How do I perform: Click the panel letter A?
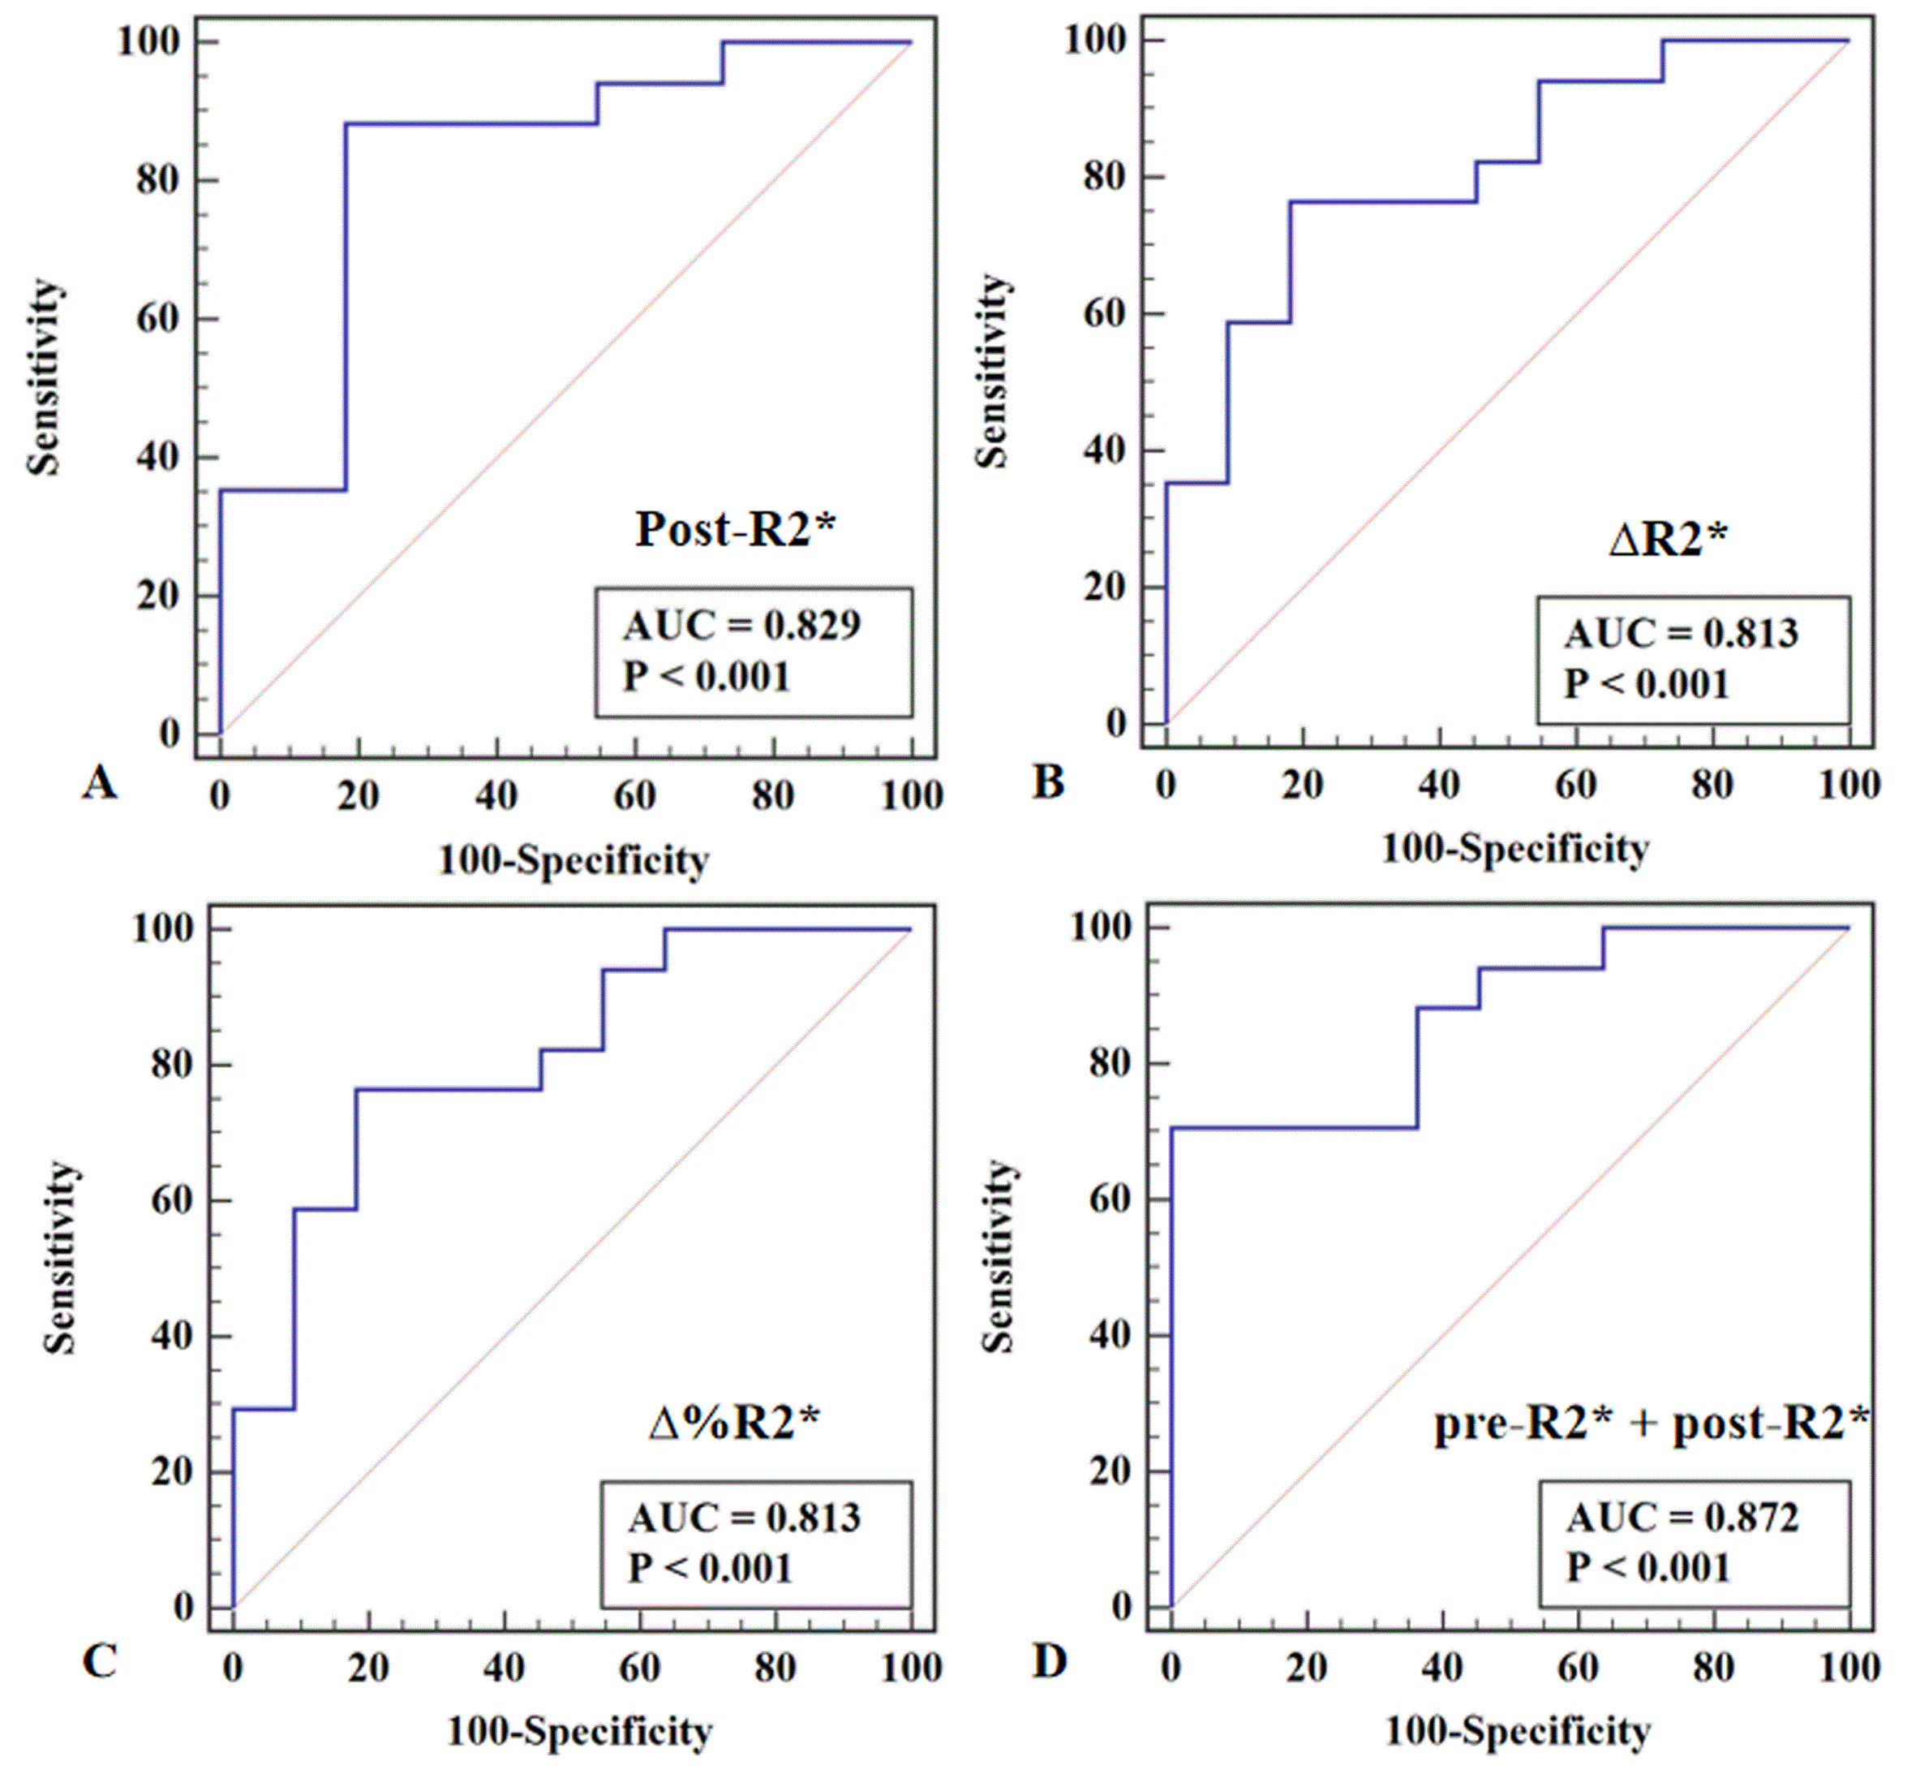click(100, 783)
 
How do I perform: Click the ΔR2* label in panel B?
click(1668, 539)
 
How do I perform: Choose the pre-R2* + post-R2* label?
click(1651, 1423)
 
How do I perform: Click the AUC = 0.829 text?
click(742, 626)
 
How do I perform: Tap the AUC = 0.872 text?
click(1682, 1517)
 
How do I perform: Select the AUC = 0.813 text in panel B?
click(1682, 633)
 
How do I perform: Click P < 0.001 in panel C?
click(710, 1569)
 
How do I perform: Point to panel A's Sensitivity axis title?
click(44, 377)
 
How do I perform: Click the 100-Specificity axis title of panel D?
click(1518, 1731)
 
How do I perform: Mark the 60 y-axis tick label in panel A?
click(158, 318)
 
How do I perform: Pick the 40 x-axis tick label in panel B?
click(1439, 785)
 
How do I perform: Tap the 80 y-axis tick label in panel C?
click(172, 1063)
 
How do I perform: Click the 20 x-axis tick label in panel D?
click(1306, 1668)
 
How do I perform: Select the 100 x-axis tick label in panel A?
click(912, 795)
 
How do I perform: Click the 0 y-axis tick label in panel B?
click(1116, 723)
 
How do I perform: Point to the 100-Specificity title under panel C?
click(579, 1731)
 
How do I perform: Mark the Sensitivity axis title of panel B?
click(993, 372)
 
